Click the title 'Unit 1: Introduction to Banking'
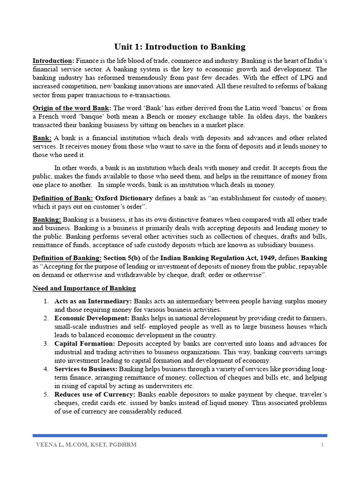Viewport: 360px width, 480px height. pyautogui.click(x=180, y=46)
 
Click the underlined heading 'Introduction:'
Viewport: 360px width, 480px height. pyautogui.click(x=53, y=61)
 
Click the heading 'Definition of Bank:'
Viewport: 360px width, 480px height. pyautogui.click(x=62, y=198)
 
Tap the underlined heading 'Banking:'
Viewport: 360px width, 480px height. pyautogui.click(x=46, y=220)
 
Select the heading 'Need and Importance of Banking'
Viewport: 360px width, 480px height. pyautogui.click(x=84, y=288)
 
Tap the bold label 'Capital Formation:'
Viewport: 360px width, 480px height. pyautogui.click(x=82, y=344)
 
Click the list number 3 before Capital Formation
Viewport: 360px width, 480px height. pyautogui.click(x=46, y=344)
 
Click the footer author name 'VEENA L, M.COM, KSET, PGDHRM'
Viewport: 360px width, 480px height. pyautogui.click(x=86, y=445)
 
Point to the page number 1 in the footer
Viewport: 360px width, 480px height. pyautogui.click(x=322, y=445)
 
